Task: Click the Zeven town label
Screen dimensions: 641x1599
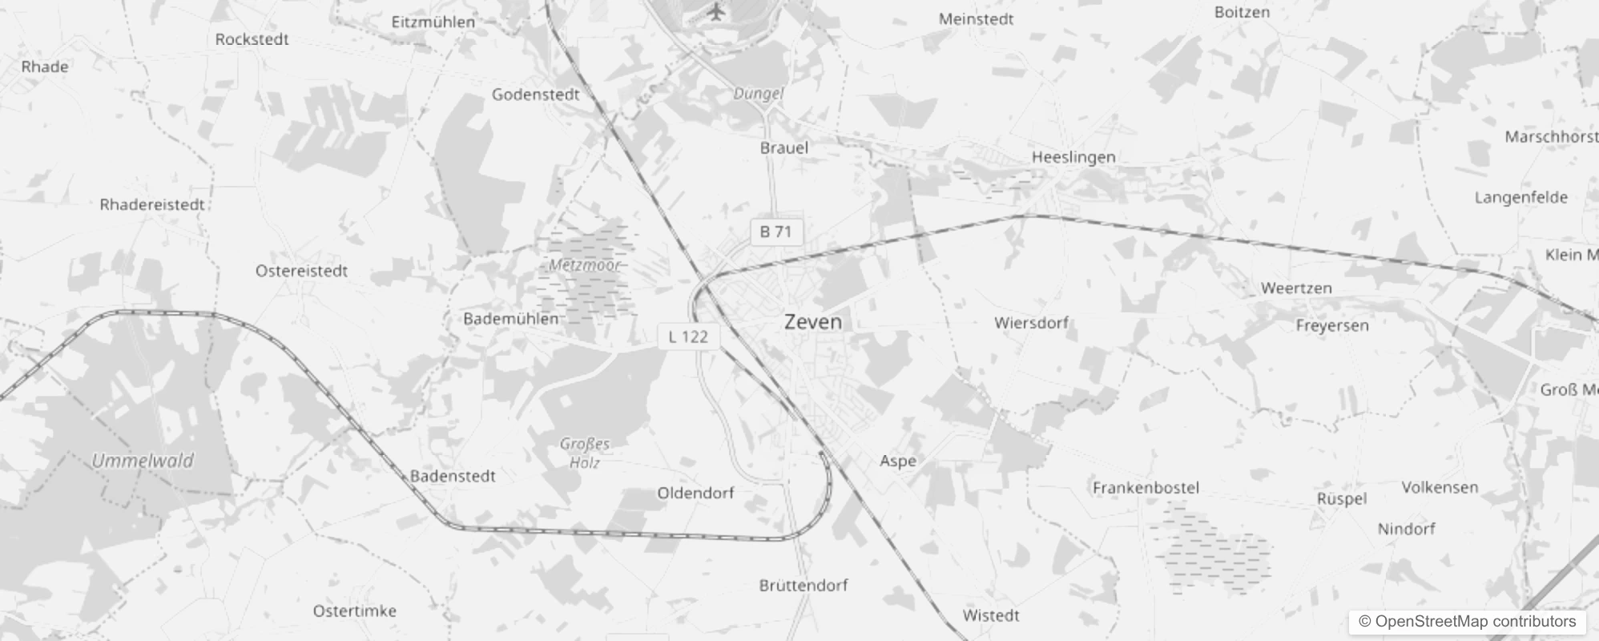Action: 812,322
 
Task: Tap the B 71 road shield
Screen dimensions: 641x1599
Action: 775,232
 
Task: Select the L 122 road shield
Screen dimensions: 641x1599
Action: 688,337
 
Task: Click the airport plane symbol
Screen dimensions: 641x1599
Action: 715,13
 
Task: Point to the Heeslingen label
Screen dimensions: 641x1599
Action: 1073,157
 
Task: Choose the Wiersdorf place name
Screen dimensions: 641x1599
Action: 1031,323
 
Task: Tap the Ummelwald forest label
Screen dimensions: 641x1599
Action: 143,461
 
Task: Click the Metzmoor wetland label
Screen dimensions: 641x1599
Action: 585,264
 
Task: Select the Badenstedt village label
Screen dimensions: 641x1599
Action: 453,476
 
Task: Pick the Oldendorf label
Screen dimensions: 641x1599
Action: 695,493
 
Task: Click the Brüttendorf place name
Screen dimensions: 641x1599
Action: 803,585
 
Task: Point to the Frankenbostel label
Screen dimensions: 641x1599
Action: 1146,487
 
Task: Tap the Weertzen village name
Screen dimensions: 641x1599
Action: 1295,288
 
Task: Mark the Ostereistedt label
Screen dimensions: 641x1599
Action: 301,271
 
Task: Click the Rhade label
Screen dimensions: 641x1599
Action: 45,67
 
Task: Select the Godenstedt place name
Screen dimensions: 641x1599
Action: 535,95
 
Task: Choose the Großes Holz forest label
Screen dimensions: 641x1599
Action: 585,453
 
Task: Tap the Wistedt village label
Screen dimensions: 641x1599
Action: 991,615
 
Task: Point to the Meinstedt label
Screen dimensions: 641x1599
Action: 976,19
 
